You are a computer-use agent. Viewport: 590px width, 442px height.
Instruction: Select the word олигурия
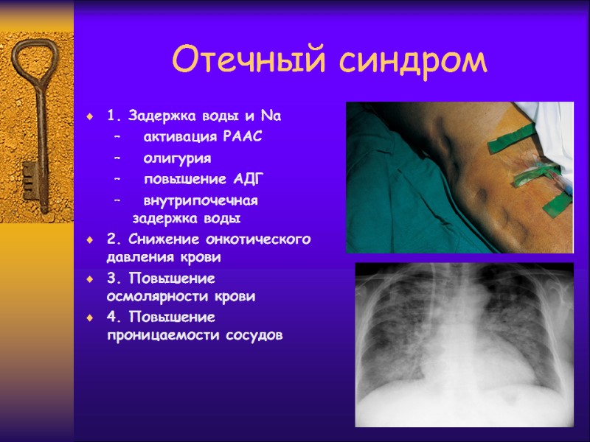point(177,158)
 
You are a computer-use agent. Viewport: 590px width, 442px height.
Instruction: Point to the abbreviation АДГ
point(249,179)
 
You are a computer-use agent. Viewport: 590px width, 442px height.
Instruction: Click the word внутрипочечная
point(201,200)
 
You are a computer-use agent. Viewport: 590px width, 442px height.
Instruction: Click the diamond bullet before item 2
point(89,240)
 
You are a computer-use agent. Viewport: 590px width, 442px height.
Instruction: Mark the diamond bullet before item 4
point(89,318)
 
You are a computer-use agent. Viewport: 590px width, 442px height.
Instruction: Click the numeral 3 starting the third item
point(111,278)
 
